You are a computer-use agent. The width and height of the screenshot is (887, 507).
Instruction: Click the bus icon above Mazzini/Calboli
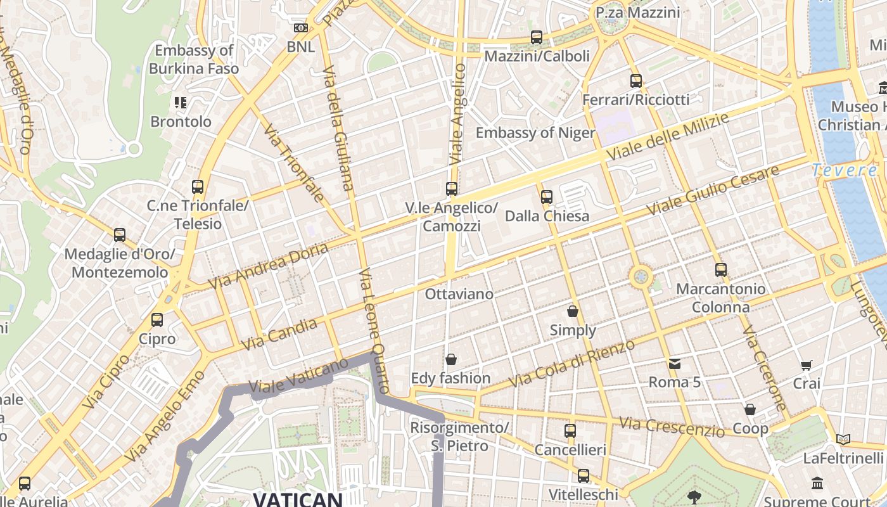pyautogui.click(x=537, y=37)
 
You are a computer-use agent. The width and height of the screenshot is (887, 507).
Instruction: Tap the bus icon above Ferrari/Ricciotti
pyautogui.click(x=636, y=81)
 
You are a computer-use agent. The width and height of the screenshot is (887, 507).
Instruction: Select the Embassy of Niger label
pyautogui.click(x=535, y=132)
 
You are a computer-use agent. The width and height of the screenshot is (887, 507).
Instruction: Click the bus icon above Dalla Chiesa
pyautogui.click(x=547, y=197)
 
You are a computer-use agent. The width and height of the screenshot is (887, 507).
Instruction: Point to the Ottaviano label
pyautogui.click(x=459, y=294)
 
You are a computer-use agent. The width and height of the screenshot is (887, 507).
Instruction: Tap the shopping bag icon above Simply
pyautogui.click(x=573, y=311)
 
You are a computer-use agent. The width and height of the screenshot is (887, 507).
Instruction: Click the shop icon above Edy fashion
pyautogui.click(x=451, y=360)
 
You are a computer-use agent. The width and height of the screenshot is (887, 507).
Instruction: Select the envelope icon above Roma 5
pyautogui.click(x=675, y=364)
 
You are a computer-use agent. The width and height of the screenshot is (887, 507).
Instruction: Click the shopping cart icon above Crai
pyautogui.click(x=806, y=365)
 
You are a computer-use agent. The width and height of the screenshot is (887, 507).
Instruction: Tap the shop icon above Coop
pyautogui.click(x=750, y=409)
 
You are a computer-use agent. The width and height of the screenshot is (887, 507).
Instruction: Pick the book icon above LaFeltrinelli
pyautogui.click(x=843, y=439)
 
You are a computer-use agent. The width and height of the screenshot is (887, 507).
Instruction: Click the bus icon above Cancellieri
pyautogui.click(x=570, y=431)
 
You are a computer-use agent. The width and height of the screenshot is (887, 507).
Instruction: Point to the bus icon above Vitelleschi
pyautogui.click(x=583, y=475)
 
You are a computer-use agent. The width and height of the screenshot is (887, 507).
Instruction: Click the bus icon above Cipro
pyautogui.click(x=157, y=320)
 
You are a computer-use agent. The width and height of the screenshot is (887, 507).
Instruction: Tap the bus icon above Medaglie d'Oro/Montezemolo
pyautogui.click(x=120, y=235)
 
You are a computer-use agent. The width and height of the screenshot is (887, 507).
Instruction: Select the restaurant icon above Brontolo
pyautogui.click(x=181, y=102)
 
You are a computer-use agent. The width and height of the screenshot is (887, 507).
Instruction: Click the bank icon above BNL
pyautogui.click(x=301, y=28)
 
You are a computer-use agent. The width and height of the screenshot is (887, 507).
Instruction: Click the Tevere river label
pyautogui.click(x=844, y=170)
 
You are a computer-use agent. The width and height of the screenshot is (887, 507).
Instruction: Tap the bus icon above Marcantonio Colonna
pyautogui.click(x=720, y=270)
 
